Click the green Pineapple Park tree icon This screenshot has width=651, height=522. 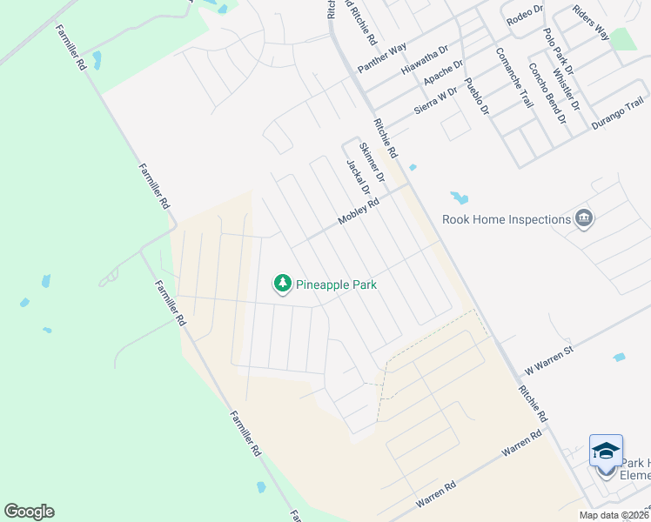coord(282,284)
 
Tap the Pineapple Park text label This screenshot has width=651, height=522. coord(336,284)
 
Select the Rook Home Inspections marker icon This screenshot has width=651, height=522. coord(584,219)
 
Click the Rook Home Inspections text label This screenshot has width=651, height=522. coord(506,219)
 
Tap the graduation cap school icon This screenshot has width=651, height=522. coord(606,451)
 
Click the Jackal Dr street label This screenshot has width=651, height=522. coord(358,177)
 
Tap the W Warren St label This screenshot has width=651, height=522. coord(546,359)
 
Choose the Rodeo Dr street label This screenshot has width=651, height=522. coord(524,10)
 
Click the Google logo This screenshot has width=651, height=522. coord(29,512)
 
